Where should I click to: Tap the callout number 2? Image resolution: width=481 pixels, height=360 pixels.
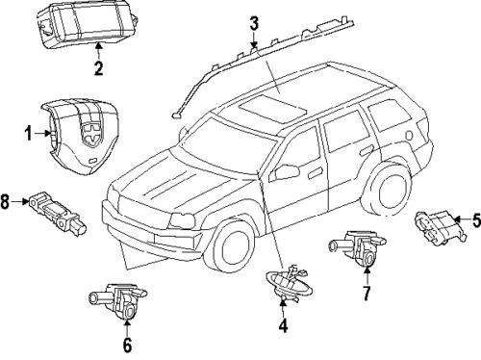97,67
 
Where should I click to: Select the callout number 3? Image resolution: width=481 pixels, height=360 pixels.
253,23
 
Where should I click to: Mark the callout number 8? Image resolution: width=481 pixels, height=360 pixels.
7,201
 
